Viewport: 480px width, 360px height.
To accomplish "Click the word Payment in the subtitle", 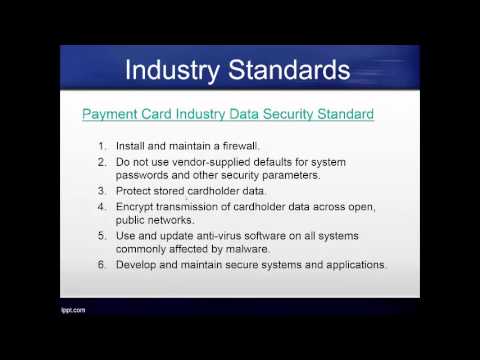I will pos(108,114).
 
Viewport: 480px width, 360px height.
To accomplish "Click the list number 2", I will pos(103,160).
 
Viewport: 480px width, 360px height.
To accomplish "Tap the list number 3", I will pos(103,190).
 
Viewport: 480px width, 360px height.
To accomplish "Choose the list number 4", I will pos(103,207).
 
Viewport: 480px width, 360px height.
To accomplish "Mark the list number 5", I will pos(103,236).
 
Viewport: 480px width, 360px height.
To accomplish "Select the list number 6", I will pos(103,265).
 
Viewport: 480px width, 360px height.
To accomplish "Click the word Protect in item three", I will pos(136,190).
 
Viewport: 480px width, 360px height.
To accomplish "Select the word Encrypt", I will pos(137,207).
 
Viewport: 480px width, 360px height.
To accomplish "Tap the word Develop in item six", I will pos(138,265).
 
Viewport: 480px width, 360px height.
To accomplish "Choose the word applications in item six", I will pos(351,265).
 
